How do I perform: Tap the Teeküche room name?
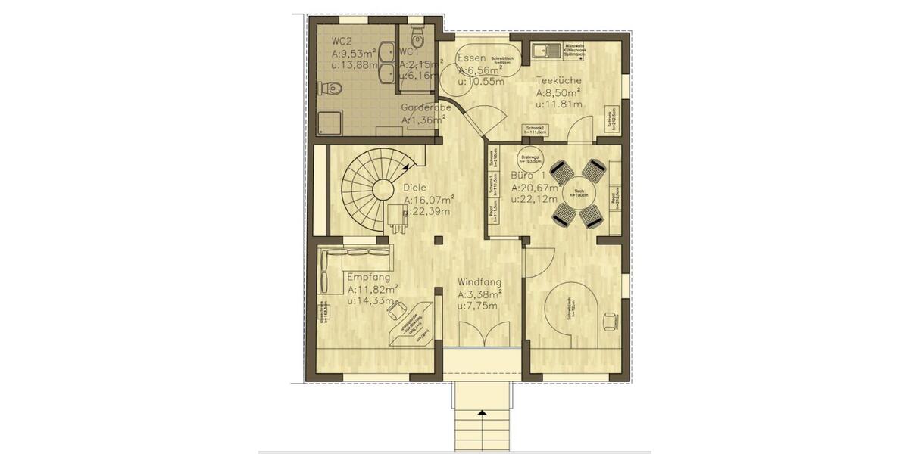[560, 80]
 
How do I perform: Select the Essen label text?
[472, 58]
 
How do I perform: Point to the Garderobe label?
[426, 107]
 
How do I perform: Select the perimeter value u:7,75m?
[477, 306]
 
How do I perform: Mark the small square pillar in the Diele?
[437, 240]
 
